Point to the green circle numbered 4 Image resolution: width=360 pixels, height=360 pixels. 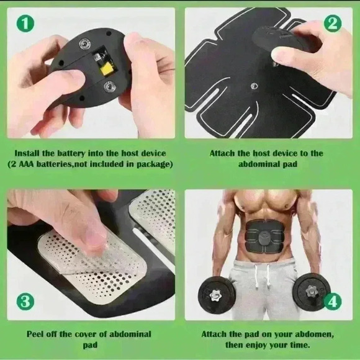tap(333, 302)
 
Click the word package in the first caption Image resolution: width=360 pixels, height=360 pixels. tap(150, 164)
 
